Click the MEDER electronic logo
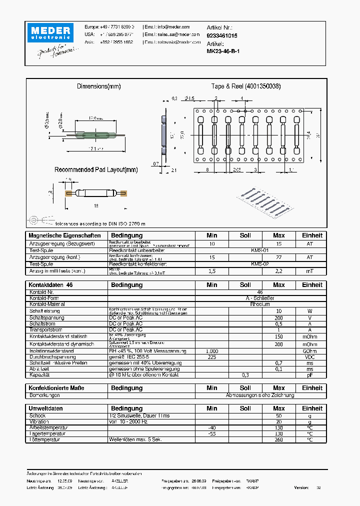click(50, 33)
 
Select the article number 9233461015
click(222, 36)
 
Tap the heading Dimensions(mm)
click(99, 86)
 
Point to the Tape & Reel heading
click(245, 86)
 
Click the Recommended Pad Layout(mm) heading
click(96, 169)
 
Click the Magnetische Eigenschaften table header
click(65, 235)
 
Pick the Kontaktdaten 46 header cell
click(51, 285)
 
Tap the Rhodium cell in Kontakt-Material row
click(259, 304)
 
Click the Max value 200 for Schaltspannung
click(279, 317)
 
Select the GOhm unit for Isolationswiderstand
click(310, 351)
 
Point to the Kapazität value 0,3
click(245, 374)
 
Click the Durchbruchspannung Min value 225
click(212, 357)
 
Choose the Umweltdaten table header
click(46, 408)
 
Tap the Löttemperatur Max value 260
click(279, 439)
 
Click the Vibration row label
click(40, 421)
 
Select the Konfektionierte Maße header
click(56, 388)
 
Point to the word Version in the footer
click(301, 487)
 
